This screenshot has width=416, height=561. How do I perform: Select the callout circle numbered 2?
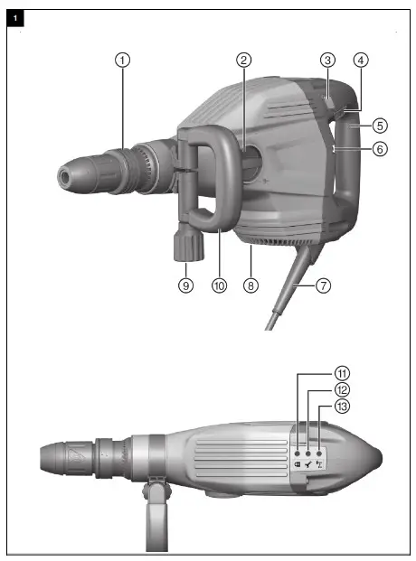(x=243, y=60)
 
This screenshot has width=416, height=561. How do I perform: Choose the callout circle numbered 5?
(x=380, y=125)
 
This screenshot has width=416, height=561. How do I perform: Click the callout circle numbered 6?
(x=380, y=150)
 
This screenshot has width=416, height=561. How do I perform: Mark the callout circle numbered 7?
(x=323, y=285)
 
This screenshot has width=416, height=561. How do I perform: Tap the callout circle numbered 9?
(x=185, y=285)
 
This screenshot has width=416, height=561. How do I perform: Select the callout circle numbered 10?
(x=218, y=285)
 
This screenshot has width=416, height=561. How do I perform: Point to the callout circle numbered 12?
(x=317, y=390)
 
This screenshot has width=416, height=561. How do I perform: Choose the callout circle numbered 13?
(x=317, y=407)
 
